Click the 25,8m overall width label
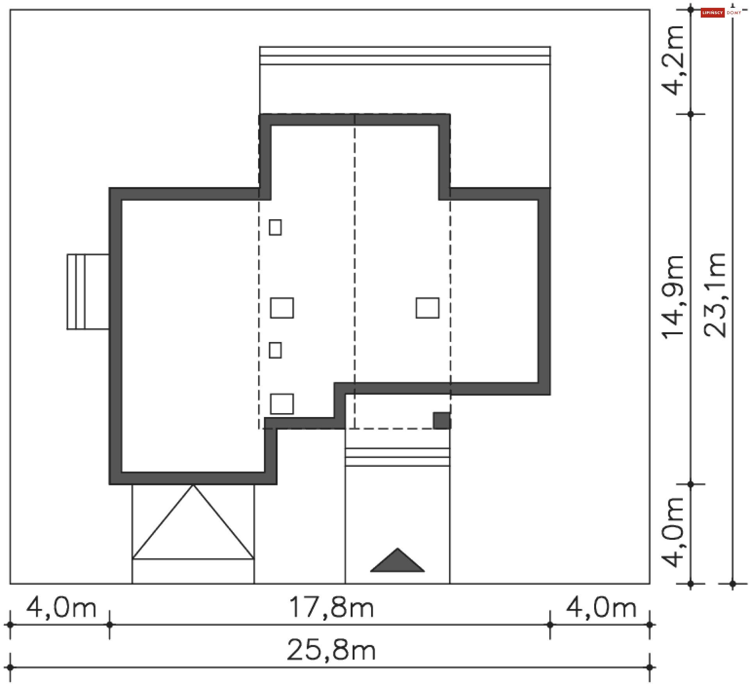click(331, 650)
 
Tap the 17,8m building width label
click(331, 607)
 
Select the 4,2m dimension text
click(673, 61)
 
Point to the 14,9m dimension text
click(673, 297)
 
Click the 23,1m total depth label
click(714, 295)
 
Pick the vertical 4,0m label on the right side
click(673, 532)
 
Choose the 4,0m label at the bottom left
click(61, 608)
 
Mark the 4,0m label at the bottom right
click(601, 608)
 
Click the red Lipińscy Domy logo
click(712, 13)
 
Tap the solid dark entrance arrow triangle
click(397, 561)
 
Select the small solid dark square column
click(442, 421)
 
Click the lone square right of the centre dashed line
click(427, 308)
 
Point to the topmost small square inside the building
click(275, 227)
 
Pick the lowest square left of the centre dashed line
click(282, 404)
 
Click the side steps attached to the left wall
click(87, 292)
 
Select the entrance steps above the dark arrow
click(397, 457)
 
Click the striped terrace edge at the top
click(405, 56)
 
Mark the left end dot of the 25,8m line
click(10, 668)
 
